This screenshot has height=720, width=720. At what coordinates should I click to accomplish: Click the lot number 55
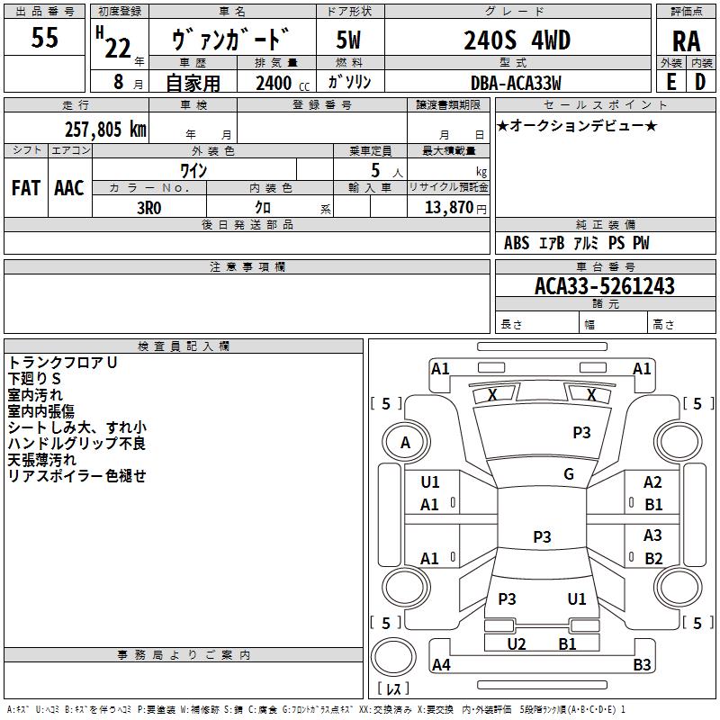click(44, 38)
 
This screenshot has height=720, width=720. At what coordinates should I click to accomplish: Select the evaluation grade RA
click(686, 40)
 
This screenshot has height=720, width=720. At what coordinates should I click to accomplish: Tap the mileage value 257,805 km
click(105, 129)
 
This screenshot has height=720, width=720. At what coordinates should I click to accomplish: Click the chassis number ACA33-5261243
click(604, 286)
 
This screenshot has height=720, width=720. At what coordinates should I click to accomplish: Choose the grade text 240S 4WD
click(517, 40)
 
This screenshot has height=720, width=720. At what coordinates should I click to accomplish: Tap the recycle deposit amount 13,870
click(447, 207)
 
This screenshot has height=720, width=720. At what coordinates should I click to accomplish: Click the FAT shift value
click(26, 187)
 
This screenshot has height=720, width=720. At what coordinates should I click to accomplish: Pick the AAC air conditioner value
click(69, 187)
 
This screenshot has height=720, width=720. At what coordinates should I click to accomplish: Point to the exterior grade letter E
click(670, 82)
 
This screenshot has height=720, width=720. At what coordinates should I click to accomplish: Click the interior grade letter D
click(699, 82)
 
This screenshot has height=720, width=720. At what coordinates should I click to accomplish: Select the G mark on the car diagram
click(569, 474)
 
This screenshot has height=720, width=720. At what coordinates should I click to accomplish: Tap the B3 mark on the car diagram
click(642, 665)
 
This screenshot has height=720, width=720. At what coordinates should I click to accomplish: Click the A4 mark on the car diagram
click(441, 665)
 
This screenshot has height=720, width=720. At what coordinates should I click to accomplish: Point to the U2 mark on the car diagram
click(516, 643)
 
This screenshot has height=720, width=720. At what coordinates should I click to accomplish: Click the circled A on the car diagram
click(405, 442)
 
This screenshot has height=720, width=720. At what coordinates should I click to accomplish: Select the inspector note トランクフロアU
click(63, 363)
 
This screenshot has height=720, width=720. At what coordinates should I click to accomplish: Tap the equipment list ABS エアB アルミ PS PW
click(576, 243)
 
